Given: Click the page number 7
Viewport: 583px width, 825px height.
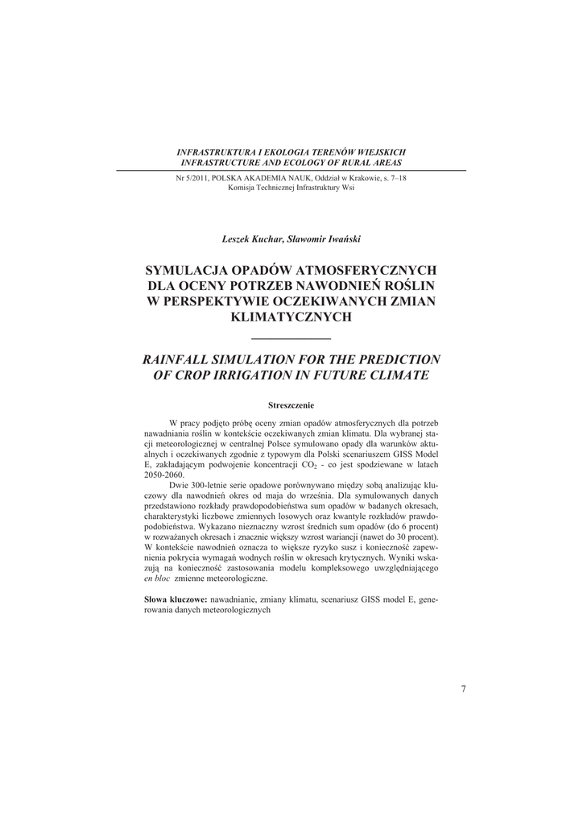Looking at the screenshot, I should [x=463, y=687].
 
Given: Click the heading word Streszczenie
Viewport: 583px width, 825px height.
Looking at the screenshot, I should [x=291, y=404].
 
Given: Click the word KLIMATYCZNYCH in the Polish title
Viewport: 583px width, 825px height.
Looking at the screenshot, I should [x=291, y=317].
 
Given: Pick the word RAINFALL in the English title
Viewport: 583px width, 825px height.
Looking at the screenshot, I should [x=184, y=359].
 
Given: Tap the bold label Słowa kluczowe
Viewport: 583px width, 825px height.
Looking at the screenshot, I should [x=175, y=600].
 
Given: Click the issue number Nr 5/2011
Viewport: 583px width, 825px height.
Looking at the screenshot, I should [x=192, y=177].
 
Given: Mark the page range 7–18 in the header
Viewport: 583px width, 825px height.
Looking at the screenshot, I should [x=395, y=177].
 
